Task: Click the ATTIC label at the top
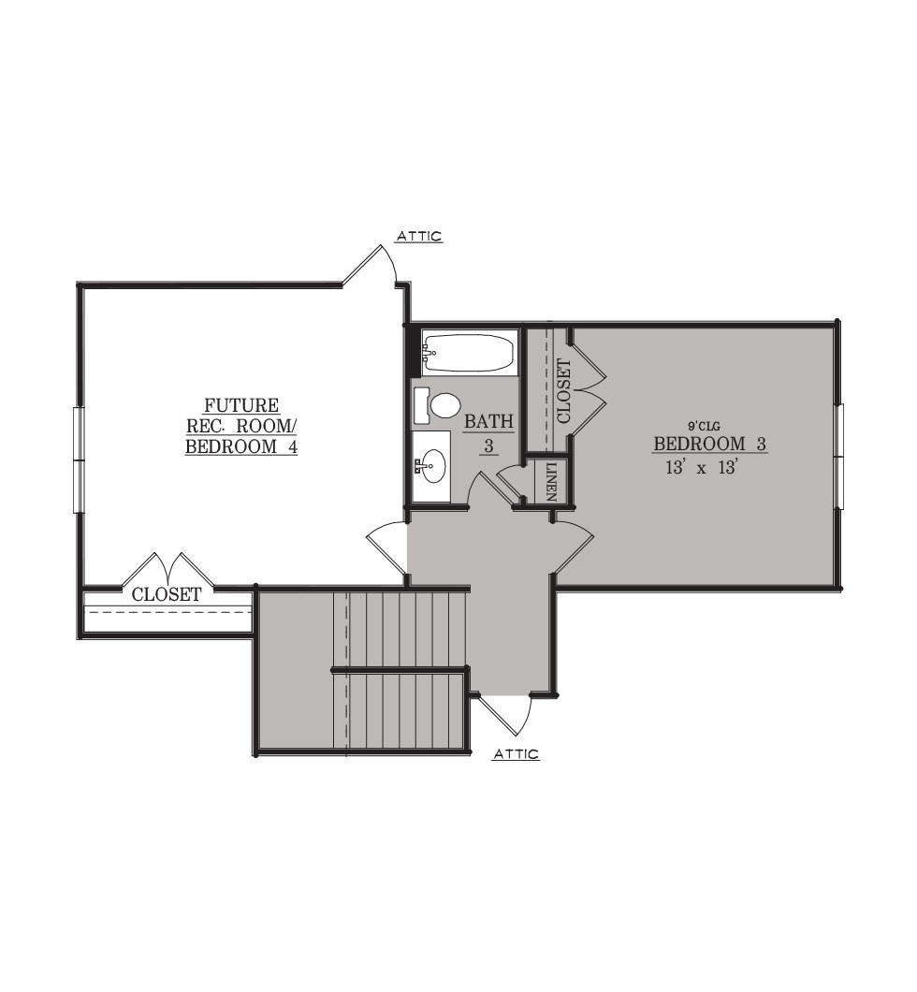[419, 236]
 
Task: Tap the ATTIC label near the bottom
[517, 753]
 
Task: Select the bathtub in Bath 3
[469, 353]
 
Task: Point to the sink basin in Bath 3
[433, 466]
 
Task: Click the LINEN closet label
[551, 481]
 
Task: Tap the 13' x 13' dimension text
[703, 468]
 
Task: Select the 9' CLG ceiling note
[704, 427]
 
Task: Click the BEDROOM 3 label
[709, 444]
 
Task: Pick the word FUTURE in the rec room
[241, 405]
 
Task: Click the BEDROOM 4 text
[241, 446]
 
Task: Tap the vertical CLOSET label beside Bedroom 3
[563, 391]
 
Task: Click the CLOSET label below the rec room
[167, 594]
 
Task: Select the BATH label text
[488, 421]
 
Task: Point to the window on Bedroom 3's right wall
[840, 456]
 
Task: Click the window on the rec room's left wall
[77, 460]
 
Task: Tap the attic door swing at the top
[370, 265]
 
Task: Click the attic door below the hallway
[504, 715]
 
